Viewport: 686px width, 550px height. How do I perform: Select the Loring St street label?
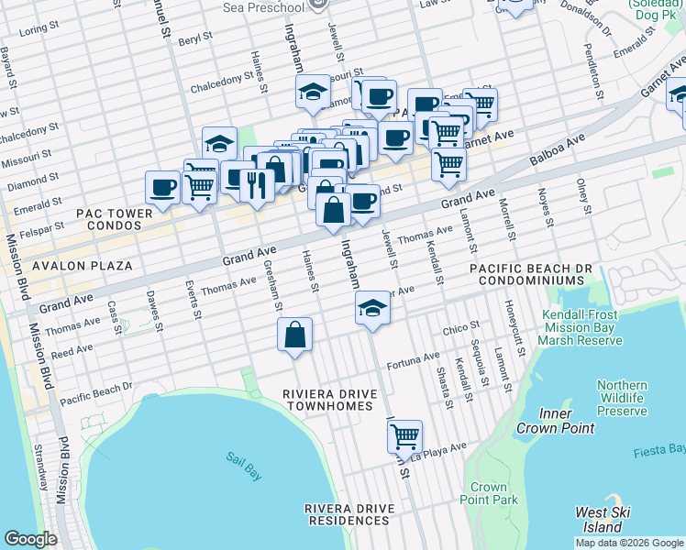pos(33,29)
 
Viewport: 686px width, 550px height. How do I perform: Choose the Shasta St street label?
pos(441,383)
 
